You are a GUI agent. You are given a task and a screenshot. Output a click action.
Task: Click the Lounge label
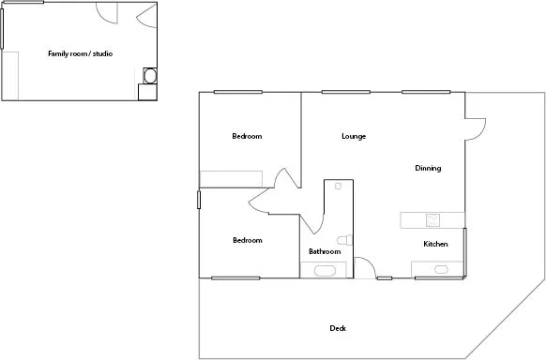353,137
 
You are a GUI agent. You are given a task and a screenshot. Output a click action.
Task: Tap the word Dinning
428,169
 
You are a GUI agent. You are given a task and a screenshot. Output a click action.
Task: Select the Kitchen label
435,245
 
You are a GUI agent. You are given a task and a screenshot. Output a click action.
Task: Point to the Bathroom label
325,251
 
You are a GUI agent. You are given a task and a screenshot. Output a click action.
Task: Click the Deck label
338,328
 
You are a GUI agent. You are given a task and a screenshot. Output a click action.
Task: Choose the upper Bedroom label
247,137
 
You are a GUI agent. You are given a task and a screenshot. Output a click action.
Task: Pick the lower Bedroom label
247,241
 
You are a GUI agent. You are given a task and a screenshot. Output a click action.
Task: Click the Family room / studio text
80,54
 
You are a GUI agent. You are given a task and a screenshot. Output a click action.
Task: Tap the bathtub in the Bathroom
325,271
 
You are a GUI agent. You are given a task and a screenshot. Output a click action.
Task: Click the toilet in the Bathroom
344,240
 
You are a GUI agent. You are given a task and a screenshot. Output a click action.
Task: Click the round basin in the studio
149,75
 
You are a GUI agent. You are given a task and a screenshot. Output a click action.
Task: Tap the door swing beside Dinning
475,127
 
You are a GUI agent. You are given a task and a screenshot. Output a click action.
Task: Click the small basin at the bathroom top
337,187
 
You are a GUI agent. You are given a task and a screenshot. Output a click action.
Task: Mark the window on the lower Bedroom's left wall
199,200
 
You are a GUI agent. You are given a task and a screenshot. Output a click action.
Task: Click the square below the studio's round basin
146,92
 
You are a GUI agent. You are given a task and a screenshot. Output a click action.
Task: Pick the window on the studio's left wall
2,28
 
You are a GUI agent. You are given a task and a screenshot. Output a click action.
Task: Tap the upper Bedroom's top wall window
237,92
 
